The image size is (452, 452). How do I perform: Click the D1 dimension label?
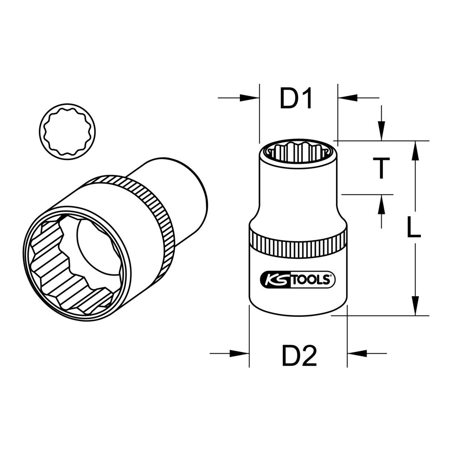[297, 99]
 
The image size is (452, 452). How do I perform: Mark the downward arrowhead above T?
[382, 131]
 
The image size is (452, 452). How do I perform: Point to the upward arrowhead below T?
[382, 204]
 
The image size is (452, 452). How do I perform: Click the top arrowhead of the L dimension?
[416, 150]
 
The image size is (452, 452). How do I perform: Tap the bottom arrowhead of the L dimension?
[416, 306]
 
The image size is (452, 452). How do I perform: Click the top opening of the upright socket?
[298, 151]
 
